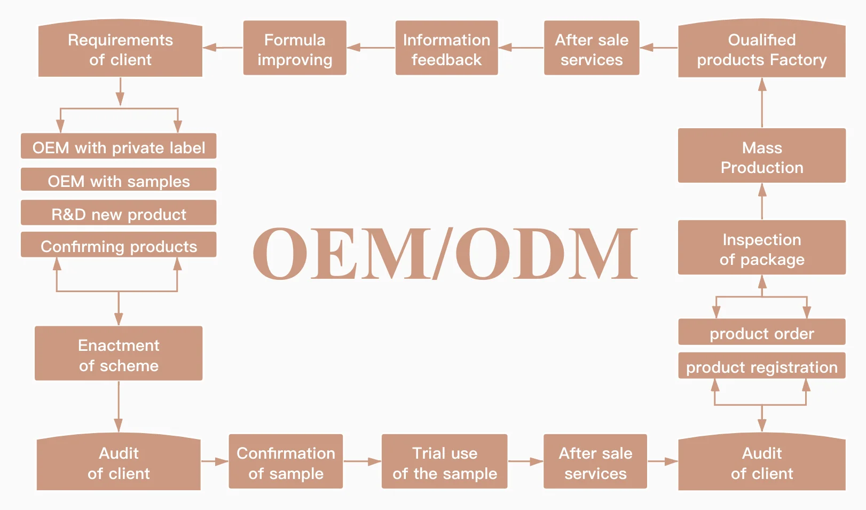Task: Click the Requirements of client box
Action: [x=120, y=50]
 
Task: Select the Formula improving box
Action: [x=295, y=49]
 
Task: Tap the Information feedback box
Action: [x=446, y=49]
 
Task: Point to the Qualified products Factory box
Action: [x=761, y=50]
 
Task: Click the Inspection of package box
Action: [x=761, y=248]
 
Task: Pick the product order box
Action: [x=761, y=333]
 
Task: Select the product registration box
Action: [x=761, y=366]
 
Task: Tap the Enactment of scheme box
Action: [x=119, y=354]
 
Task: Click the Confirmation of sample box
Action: [x=286, y=462]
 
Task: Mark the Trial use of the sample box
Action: [x=444, y=462]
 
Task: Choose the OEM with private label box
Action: [x=119, y=147]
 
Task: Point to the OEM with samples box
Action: [x=119, y=181]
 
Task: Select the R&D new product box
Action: [x=119, y=214]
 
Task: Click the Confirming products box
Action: [x=119, y=246]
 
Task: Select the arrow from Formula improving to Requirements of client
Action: [x=223, y=48]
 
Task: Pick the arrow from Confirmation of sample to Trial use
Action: [x=362, y=461]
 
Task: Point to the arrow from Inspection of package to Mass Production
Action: [x=762, y=201]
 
